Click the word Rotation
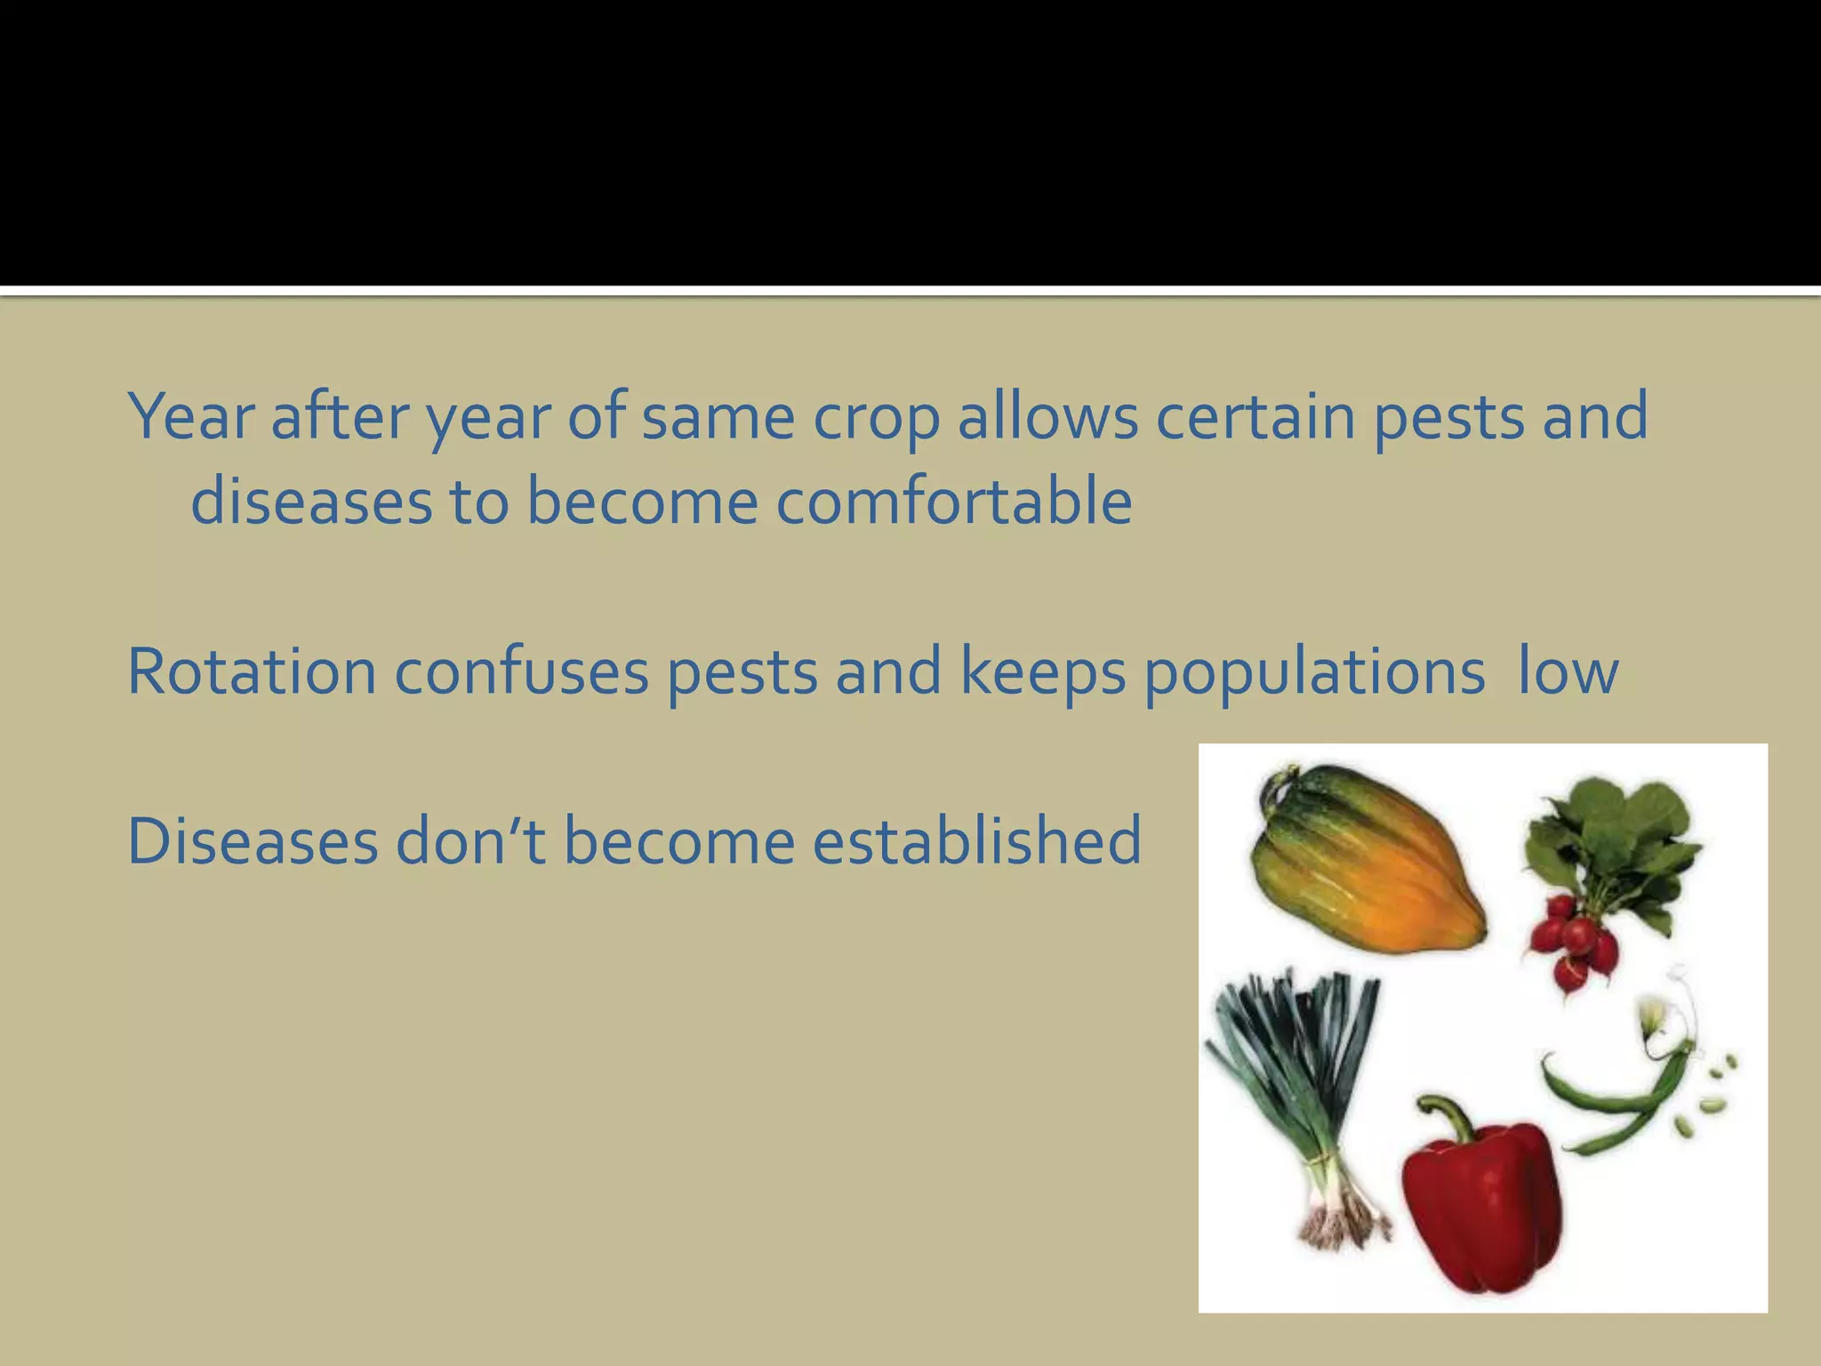click(252, 672)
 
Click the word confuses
click(521, 672)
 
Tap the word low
click(1568, 672)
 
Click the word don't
click(469, 840)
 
